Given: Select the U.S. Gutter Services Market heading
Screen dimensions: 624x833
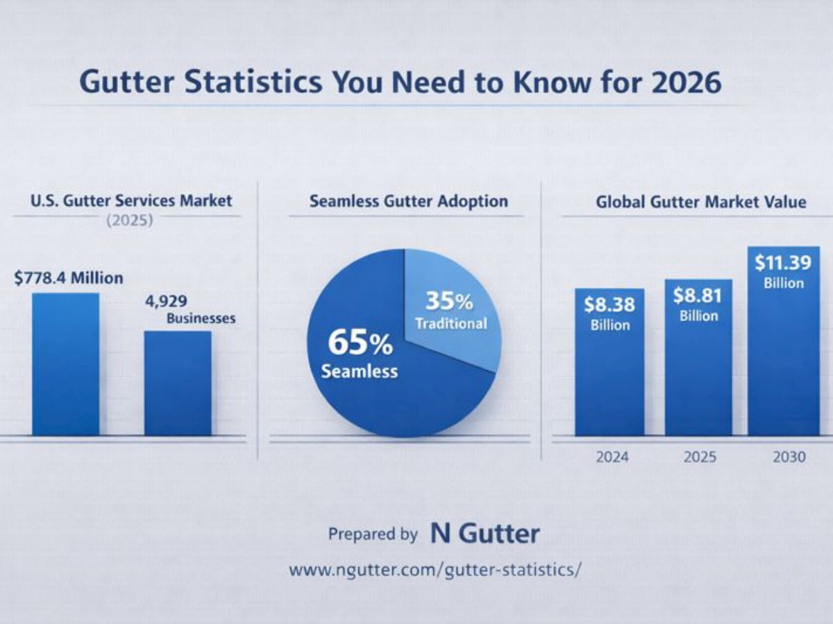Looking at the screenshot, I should (131, 201).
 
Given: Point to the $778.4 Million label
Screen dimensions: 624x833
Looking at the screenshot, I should (68, 278).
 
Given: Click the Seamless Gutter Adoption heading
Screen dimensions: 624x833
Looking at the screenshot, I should (408, 202).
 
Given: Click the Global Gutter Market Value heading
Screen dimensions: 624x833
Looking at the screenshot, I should (700, 202).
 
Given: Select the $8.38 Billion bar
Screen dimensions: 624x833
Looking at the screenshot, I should (609, 374).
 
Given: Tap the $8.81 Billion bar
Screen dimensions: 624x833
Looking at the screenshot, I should (698, 374).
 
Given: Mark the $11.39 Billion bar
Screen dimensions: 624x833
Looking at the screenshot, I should (784, 361).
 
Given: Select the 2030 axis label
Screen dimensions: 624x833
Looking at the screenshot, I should (787, 458).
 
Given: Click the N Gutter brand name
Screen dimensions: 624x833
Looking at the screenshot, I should (485, 534).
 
